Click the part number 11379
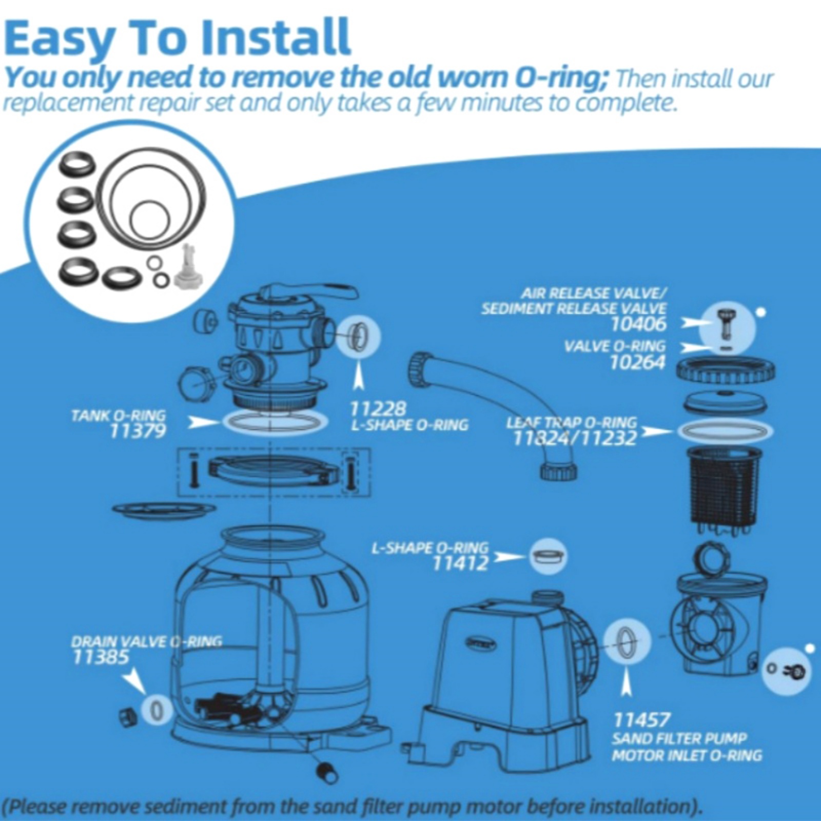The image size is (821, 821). [x=138, y=431]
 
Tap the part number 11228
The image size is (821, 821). [x=378, y=409]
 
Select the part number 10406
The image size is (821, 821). [x=639, y=324]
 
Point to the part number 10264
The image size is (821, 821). [x=637, y=362]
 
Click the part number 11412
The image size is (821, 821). [x=461, y=563]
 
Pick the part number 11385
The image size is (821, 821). [x=101, y=657]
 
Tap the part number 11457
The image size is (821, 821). [x=642, y=720]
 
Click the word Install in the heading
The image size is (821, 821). [x=276, y=37]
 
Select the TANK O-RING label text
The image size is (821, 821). [x=119, y=415]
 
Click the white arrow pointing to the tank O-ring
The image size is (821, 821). [x=203, y=422]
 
